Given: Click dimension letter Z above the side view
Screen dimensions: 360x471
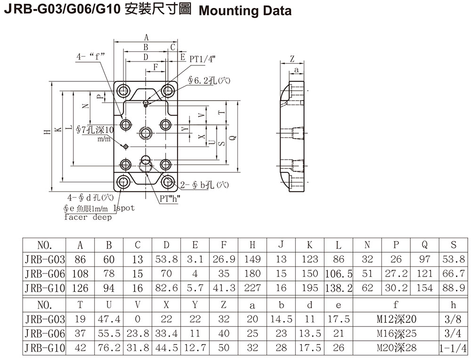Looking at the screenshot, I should [292, 59].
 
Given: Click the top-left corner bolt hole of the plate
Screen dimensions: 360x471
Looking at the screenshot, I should [125, 90].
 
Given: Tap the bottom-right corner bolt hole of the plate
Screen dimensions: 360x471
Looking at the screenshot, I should [168, 183].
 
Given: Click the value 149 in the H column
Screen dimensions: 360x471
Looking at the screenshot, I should [252, 259].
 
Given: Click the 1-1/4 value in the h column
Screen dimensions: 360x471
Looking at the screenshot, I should [453, 348].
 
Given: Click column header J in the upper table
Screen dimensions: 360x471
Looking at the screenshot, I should [281, 245].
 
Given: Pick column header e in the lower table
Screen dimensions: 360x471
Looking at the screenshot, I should [338, 305].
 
